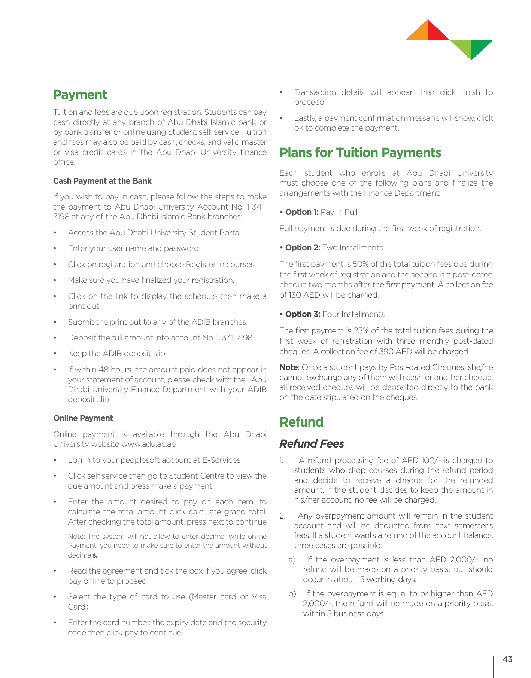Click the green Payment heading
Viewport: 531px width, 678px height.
pyautogui.click(x=80, y=95)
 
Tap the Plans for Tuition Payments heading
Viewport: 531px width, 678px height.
pyautogui.click(x=360, y=153)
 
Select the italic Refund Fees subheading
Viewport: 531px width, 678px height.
pyautogui.click(x=312, y=444)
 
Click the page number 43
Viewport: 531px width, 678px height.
pyautogui.click(x=507, y=659)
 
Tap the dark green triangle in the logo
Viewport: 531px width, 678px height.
pyautogui.click(x=480, y=46)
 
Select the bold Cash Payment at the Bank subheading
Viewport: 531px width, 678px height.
pyautogui.click(x=102, y=181)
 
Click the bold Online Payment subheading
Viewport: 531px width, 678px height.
pyautogui.click(x=83, y=418)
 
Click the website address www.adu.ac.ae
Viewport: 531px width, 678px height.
pyautogui.click(x=148, y=444)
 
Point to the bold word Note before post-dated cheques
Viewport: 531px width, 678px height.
pyautogui.click(x=288, y=367)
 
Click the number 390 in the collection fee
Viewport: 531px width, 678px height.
pyautogui.click(x=386, y=352)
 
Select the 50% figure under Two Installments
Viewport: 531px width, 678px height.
pyautogui.click(x=361, y=264)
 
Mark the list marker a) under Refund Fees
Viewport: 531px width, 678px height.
pyautogui.click(x=292, y=560)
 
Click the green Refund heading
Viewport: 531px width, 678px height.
pyautogui.click(x=301, y=422)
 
